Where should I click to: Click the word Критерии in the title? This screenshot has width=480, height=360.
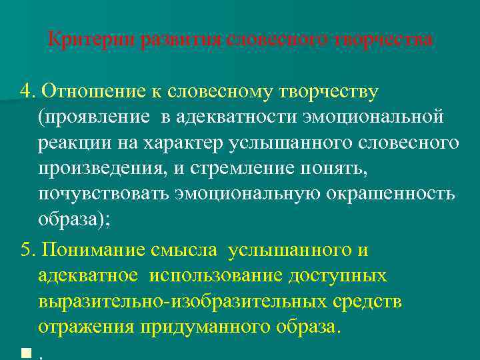[82, 39]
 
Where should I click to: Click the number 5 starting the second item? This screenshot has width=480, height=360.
[26, 250]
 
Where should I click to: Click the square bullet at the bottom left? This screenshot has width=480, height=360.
[26, 354]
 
